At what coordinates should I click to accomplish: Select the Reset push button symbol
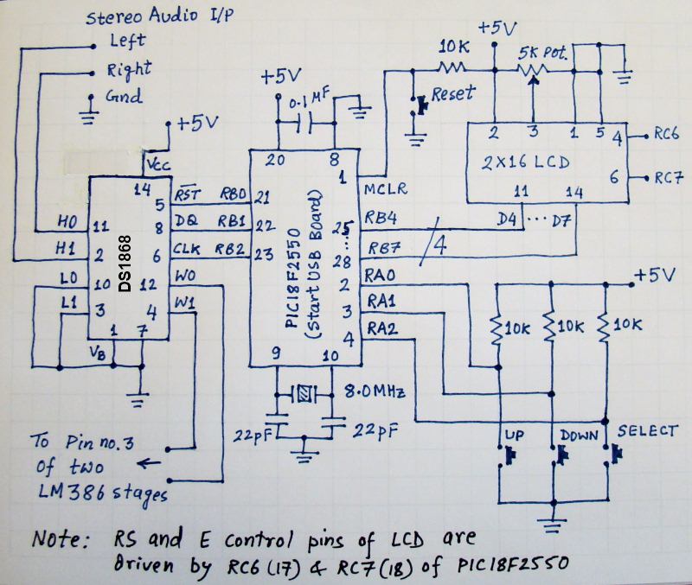(422, 104)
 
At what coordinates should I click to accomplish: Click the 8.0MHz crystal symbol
(306, 396)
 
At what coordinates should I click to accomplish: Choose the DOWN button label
(578, 432)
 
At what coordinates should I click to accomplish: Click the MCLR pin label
(388, 188)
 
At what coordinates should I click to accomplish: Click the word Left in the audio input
(127, 41)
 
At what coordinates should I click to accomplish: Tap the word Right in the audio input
(128, 68)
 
